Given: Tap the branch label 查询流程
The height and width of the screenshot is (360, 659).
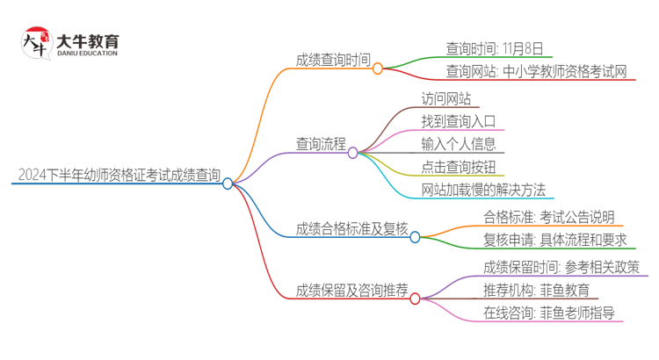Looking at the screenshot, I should point(321,143).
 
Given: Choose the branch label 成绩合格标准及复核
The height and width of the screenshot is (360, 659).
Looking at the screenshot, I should point(351,228).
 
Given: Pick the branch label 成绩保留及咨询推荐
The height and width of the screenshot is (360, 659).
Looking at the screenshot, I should point(351,291).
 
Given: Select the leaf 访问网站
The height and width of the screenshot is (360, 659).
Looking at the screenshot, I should point(445,99).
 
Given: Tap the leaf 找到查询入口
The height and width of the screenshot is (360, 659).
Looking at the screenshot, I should point(458,121).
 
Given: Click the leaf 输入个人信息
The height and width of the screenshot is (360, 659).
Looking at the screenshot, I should point(458,144).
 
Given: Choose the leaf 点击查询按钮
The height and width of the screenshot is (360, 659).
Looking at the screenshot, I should point(458,167).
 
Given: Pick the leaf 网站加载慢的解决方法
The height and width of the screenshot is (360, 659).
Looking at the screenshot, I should point(483,190).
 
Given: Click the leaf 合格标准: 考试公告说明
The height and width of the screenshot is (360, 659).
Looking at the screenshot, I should point(548,217).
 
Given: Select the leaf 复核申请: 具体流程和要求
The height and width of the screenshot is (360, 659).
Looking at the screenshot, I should point(554,240).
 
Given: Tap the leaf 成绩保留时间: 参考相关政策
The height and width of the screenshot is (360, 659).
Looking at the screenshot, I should point(561,267).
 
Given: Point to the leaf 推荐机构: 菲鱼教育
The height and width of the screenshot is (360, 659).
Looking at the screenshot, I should point(536,290).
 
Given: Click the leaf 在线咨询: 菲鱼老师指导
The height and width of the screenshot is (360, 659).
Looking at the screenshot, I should point(548,313).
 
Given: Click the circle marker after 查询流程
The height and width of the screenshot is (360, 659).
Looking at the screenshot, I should point(352,153).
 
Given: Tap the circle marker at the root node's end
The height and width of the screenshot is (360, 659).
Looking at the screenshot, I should point(228,184).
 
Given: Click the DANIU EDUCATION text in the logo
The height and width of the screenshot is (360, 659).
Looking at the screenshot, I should point(87,54).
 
